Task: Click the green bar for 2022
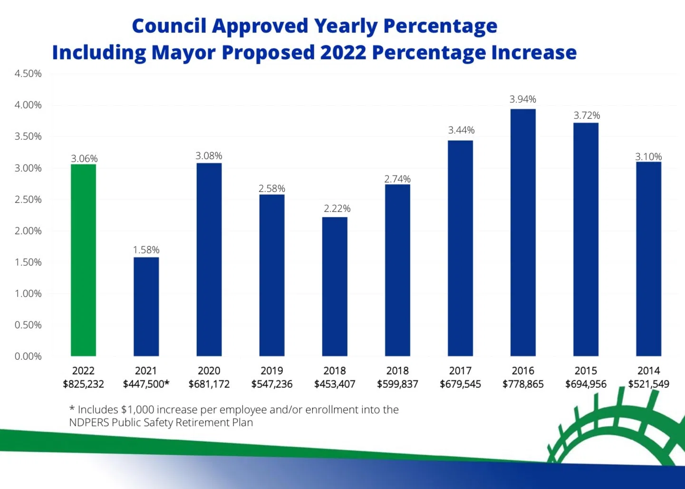click(83, 260)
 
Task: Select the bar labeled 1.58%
click(146, 307)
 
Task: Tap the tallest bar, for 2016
click(523, 232)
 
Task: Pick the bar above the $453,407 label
click(335, 287)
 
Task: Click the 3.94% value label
click(523, 99)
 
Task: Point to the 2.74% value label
click(397, 179)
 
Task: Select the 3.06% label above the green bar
click(84, 159)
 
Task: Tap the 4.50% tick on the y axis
click(28, 74)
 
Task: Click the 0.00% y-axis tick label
click(28, 356)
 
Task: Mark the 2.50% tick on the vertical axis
click(28, 200)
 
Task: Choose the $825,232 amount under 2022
click(83, 384)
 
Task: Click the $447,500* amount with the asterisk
click(146, 384)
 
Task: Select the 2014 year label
click(648, 371)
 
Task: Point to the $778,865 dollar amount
click(523, 384)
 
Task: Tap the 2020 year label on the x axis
click(209, 371)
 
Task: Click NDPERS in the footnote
click(89, 422)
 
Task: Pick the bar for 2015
click(586, 240)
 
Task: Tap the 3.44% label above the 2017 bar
click(461, 130)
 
